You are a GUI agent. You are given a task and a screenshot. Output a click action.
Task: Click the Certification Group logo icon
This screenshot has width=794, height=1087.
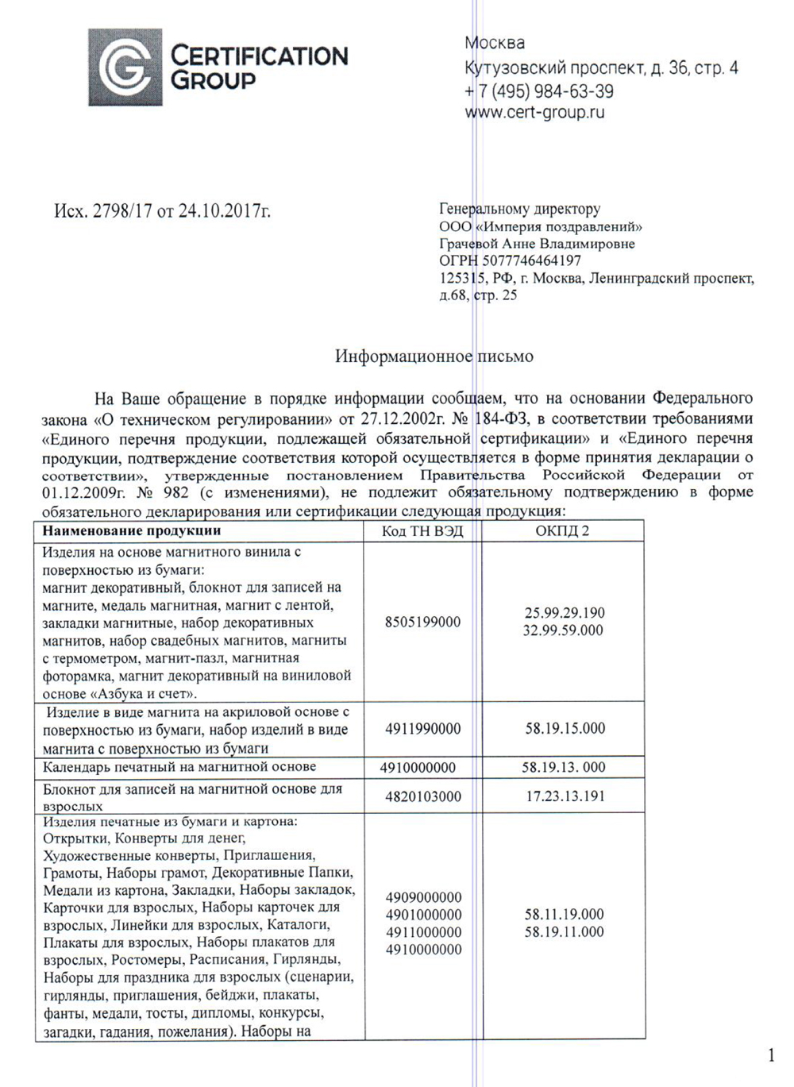tap(125, 67)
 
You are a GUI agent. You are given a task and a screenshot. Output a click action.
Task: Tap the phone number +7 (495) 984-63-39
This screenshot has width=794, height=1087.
tap(539, 91)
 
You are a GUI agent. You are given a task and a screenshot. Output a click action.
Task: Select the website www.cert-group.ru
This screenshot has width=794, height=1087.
tap(534, 113)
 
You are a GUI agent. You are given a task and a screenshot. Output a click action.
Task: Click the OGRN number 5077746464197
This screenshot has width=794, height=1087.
tap(531, 260)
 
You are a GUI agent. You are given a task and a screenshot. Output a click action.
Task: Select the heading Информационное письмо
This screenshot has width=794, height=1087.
tap(434, 357)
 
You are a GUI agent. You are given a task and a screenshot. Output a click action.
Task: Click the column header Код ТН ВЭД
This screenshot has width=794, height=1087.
tap(422, 531)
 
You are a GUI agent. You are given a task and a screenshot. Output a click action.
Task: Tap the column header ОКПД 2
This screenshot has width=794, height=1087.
tap(562, 531)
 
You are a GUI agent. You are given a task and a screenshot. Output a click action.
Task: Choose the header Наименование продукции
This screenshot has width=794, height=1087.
tap(132, 530)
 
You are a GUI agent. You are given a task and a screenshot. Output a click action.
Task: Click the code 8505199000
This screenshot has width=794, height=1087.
tap(422, 622)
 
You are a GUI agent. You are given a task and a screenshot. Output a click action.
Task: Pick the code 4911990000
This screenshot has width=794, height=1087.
tap(422, 729)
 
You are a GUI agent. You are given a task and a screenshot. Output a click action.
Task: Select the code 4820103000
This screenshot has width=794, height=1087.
tap(422, 796)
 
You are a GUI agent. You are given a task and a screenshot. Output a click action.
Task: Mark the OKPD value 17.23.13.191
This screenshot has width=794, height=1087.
tap(565, 796)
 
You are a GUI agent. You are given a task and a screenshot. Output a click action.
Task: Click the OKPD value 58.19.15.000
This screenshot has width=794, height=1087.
tap(565, 728)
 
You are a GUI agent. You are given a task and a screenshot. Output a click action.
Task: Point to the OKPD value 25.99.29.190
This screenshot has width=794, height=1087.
tap(564, 613)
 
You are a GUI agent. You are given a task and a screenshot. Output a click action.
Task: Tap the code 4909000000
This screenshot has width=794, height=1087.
tap(423, 898)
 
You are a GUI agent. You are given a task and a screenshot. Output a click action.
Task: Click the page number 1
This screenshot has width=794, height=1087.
tap(771, 1055)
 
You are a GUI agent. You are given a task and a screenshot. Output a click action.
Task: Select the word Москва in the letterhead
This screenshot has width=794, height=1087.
tap(495, 43)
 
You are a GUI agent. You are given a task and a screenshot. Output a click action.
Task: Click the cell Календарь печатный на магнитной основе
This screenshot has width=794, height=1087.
tap(179, 767)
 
